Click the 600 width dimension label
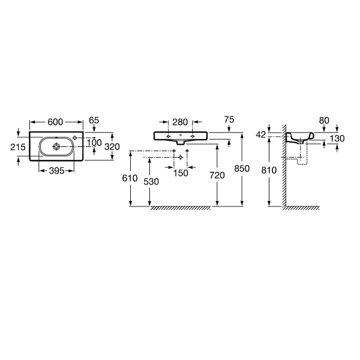(55, 122)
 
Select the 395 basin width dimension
(56, 170)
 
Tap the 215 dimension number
(18, 147)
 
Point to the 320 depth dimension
(112, 146)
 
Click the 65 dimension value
(94, 121)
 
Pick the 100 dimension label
(94, 143)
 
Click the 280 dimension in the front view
(180, 122)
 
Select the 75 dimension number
(229, 119)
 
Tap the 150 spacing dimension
(181, 173)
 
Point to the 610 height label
(130, 178)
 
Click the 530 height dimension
(151, 182)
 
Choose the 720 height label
(217, 175)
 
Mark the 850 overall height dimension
(242, 169)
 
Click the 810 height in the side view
(269, 170)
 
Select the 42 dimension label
(261, 135)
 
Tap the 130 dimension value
(337, 139)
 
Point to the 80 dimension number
(324, 121)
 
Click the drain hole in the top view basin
(56, 146)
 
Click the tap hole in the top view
(74, 137)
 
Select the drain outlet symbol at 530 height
(181, 157)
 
